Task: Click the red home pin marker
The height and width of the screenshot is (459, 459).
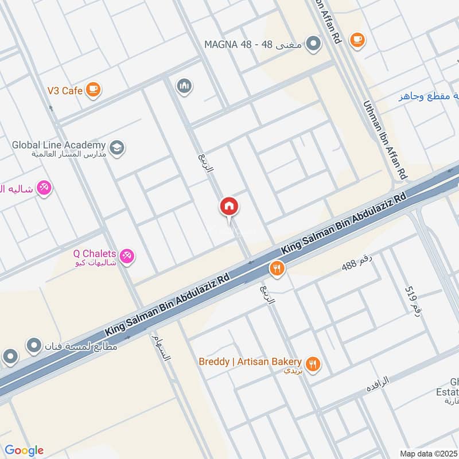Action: point(229,207)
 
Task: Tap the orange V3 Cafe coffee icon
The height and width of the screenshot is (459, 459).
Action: point(94,90)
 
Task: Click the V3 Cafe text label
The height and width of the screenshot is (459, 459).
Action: point(65,90)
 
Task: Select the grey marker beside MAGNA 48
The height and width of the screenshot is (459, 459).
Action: point(313,44)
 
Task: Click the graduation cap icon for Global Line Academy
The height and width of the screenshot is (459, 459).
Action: point(117,147)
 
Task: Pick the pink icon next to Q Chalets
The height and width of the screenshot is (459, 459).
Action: point(127,256)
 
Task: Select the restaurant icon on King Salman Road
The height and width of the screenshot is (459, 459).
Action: point(277,269)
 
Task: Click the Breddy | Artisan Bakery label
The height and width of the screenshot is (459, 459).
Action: point(250,363)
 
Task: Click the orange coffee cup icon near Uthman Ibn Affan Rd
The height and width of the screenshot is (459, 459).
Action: point(357,39)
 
